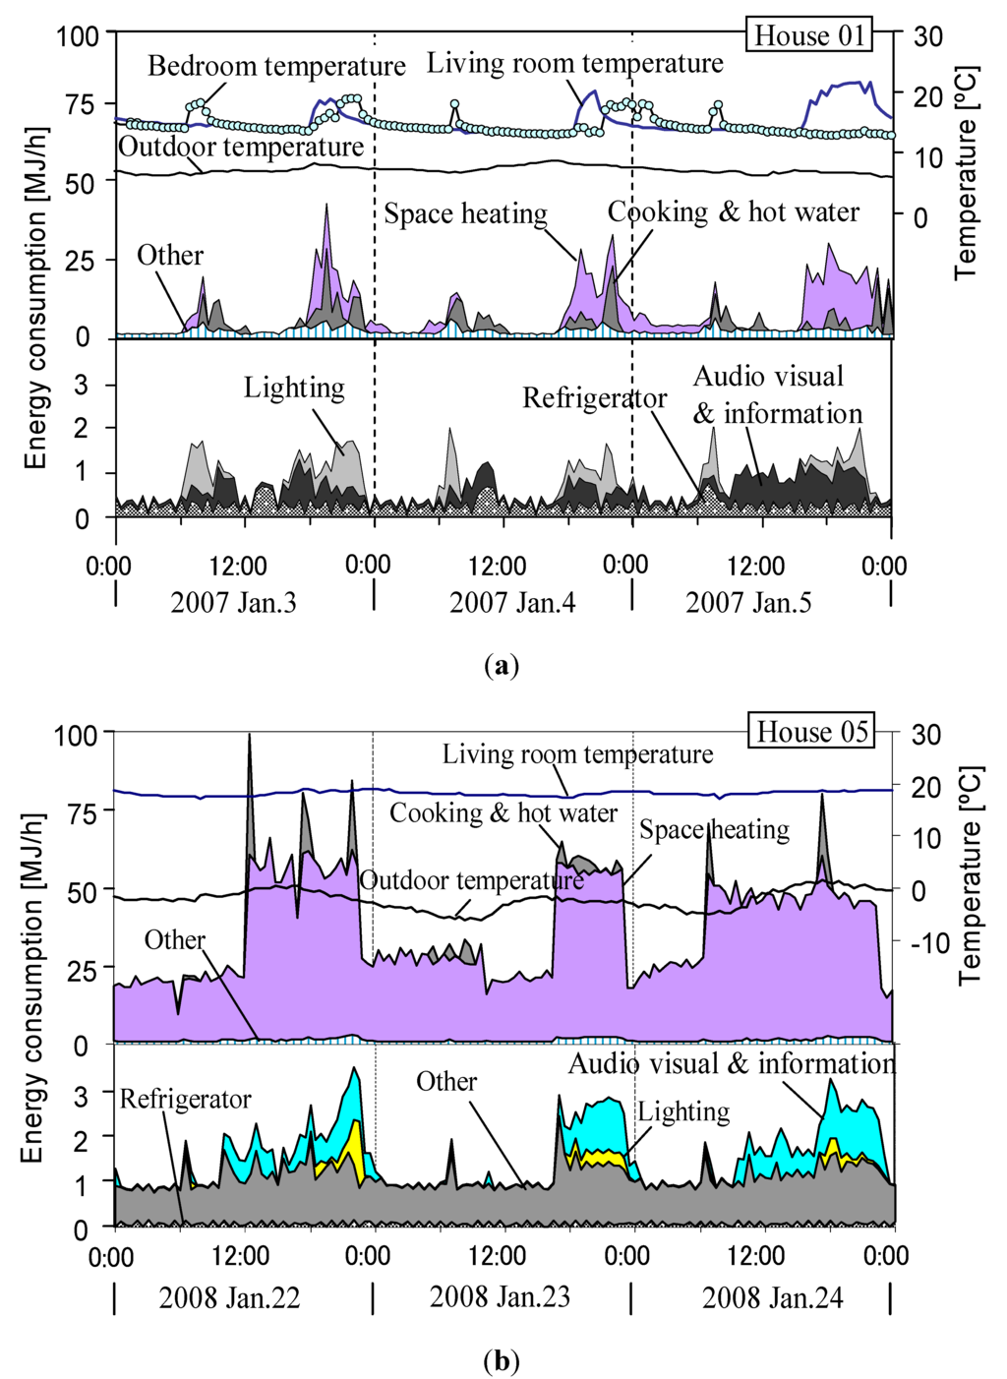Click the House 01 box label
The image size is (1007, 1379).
[x=809, y=36]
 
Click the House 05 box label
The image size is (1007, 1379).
[x=812, y=732]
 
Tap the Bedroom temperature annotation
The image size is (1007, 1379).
[x=276, y=66]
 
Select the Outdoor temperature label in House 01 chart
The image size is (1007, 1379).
[x=241, y=147]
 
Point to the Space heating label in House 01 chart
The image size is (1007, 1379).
[x=465, y=213]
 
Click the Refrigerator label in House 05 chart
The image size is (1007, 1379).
[x=185, y=1099]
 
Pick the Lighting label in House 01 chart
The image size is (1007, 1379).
[x=294, y=388]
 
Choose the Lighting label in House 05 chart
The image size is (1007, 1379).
[x=683, y=1111]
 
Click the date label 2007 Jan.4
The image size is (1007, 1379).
[x=512, y=602]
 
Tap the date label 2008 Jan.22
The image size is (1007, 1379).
[x=229, y=1297]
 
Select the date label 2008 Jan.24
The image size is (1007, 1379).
[x=772, y=1297]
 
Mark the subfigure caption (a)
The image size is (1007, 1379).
[x=502, y=666]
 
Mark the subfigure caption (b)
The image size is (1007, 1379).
[x=502, y=1361]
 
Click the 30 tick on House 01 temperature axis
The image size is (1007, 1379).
[x=927, y=36]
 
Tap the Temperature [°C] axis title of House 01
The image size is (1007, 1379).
[x=966, y=172]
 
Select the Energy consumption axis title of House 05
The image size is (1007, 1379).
[x=33, y=988]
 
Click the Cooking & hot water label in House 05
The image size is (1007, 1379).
[x=503, y=812]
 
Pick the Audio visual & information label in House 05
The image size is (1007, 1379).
[x=732, y=1063]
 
